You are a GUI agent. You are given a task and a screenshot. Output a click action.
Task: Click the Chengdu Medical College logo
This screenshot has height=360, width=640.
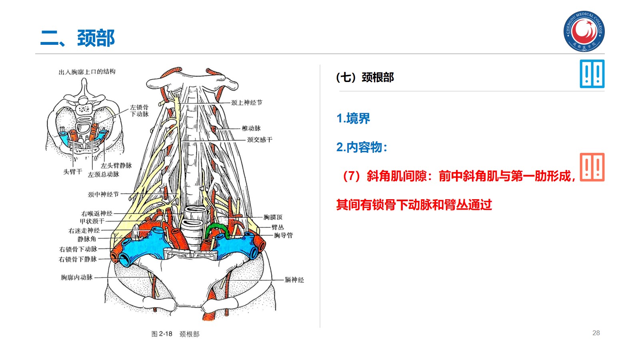(584, 31)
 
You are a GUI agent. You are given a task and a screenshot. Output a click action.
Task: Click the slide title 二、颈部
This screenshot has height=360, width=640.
(78, 38)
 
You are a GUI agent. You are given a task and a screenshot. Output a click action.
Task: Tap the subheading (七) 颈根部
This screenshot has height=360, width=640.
(365, 77)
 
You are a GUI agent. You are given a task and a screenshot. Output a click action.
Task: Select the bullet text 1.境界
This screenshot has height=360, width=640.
(353, 118)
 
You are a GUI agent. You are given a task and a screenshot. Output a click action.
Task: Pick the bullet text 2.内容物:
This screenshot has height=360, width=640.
(362, 147)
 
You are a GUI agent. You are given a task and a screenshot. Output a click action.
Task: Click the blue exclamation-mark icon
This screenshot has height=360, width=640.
(592, 74)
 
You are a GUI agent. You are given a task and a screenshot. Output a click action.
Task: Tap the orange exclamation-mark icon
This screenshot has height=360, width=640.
(592, 167)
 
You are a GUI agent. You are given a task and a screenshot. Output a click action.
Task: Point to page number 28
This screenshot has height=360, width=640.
(596, 333)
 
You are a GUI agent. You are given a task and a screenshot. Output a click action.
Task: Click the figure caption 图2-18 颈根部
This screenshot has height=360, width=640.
(175, 334)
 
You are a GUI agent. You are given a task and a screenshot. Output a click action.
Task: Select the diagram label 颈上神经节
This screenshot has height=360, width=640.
(247, 102)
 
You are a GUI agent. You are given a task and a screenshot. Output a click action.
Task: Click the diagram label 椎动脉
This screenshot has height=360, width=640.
(251, 128)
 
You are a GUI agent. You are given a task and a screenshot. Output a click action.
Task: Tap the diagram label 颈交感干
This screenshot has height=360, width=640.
(259, 140)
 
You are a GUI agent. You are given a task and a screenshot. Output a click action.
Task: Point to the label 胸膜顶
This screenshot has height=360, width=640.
(273, 217)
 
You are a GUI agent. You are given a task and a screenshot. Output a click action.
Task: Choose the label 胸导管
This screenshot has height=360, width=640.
(283, 235)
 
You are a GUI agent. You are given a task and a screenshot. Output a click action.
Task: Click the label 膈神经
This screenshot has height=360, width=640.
(294, 280)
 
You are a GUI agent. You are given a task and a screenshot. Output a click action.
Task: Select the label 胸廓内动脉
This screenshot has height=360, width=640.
(77, 277)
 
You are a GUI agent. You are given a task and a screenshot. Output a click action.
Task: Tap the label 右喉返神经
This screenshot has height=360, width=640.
(97, 214)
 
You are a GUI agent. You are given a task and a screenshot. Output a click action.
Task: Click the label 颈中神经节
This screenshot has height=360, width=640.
(103, 194)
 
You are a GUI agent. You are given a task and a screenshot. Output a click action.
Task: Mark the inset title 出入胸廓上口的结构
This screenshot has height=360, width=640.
(87, 72)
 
